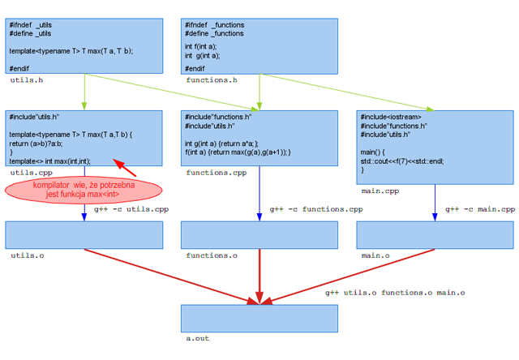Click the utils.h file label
(x=26, y=80)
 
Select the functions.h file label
(x=212, y=80)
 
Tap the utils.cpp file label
(x=32, y=173)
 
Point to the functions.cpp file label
(x=216, y=173)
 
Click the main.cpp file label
(x=380, y=191)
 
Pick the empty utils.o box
(x=84, y=234)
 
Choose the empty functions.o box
(x=259, y=234)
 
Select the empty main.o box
(x=435, y=234)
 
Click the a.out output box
(x=259, y=318)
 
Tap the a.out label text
(x=197, y=339)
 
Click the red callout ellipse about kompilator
(x=84, y=191)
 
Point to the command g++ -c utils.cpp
(x=131, y=209)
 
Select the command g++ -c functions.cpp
(x=316, y=209)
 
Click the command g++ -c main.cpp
(x=479, y=209)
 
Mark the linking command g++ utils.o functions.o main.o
(x=395, y=292)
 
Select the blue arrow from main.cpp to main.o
(x=435, y=202)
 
